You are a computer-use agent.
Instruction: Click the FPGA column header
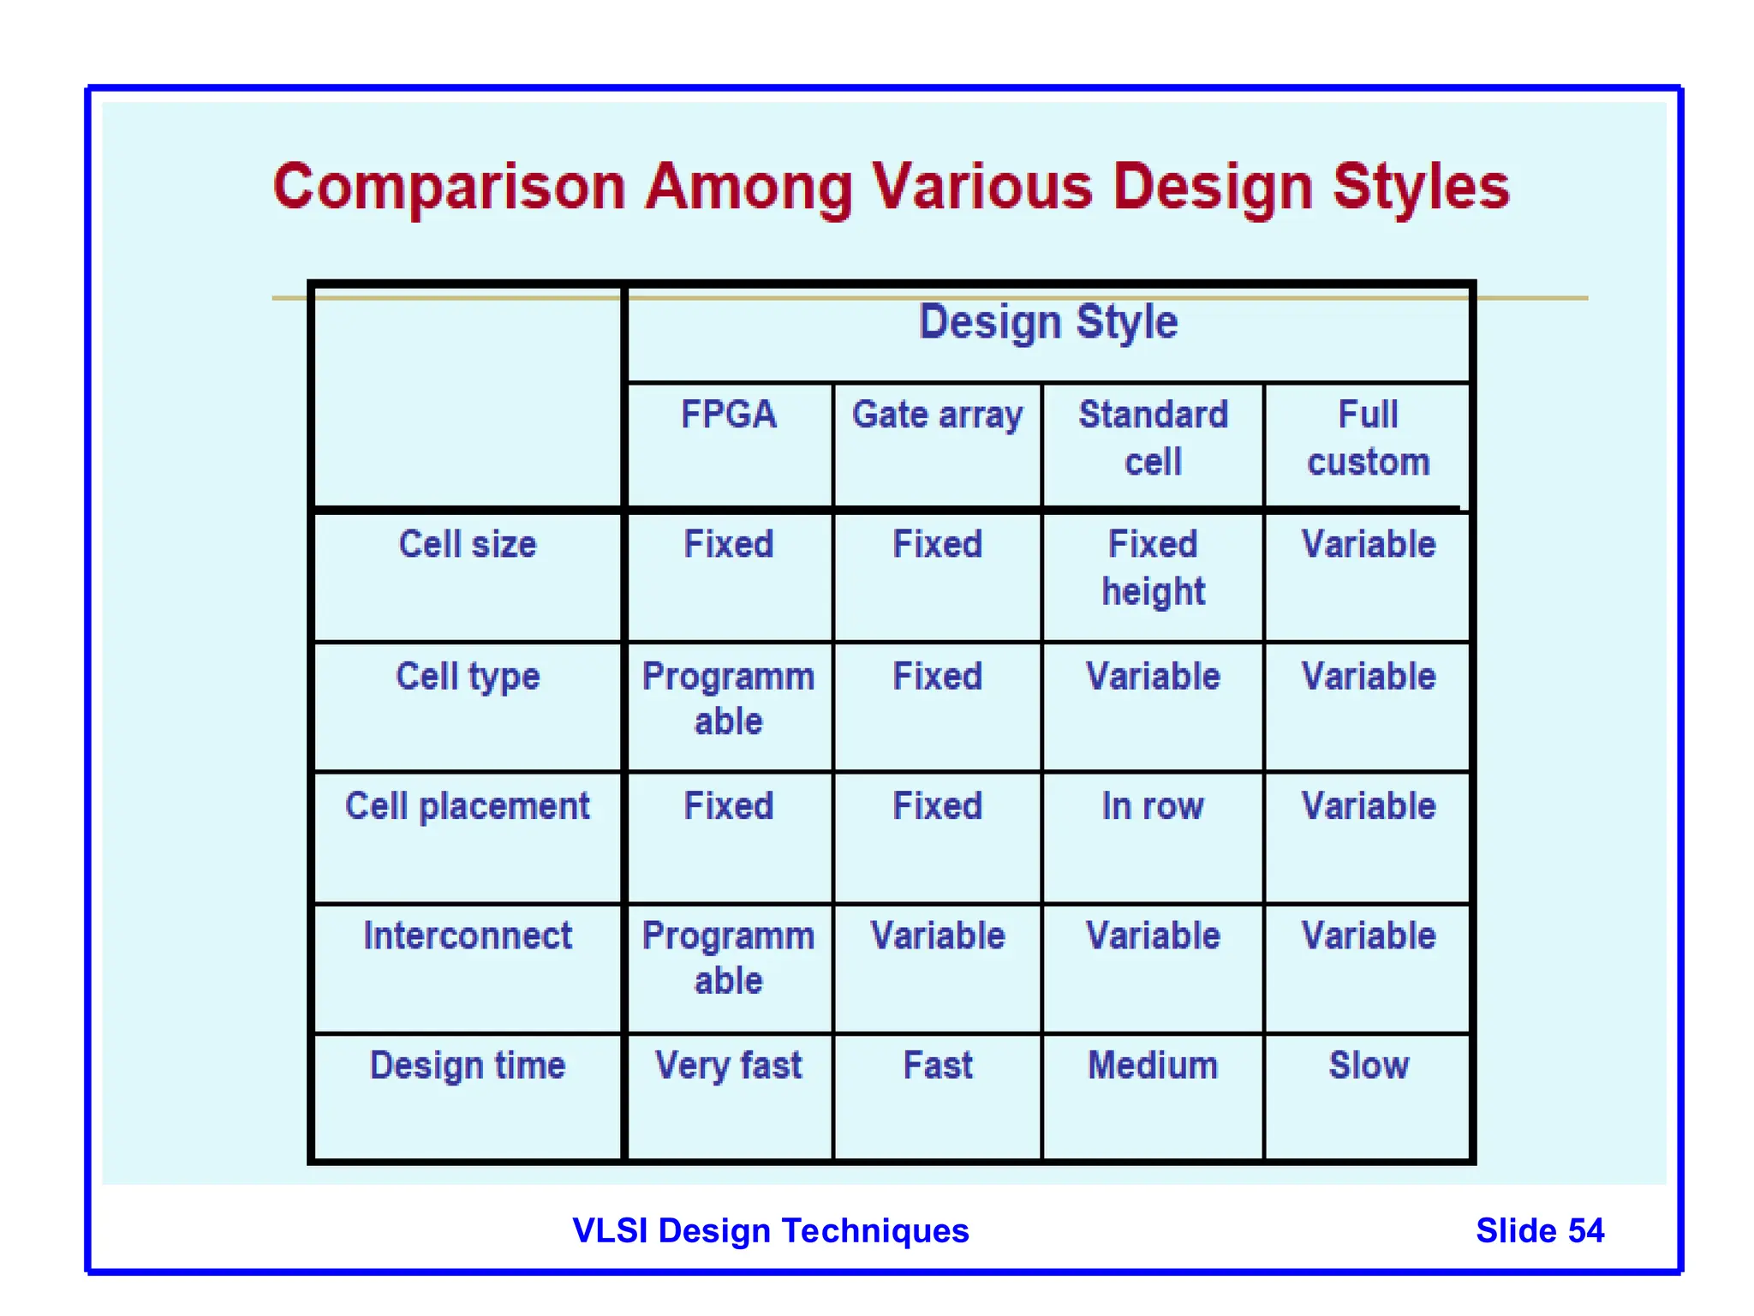point(729,415)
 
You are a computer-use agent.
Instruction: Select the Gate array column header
point(937,415)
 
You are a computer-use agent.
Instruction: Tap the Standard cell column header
point(1153,438)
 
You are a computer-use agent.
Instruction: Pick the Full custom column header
point(1368,438)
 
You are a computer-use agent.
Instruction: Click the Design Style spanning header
point(1048,322)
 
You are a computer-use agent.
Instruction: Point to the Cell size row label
point(468,544)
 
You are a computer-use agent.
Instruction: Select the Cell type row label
point(468,676)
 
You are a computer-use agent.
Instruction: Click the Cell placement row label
point(468,806)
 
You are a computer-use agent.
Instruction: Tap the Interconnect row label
point(468,936)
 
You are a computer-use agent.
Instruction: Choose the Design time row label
point(468,1066)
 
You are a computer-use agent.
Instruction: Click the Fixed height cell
point(1153,567)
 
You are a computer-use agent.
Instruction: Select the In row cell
point(1153,806)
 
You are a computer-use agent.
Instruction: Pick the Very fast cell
point(729,1066)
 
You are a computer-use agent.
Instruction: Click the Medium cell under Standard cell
point(1153,1066)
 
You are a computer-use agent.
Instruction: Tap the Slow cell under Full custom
point(1368,1066)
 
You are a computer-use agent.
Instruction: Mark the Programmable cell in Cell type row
point(729,698)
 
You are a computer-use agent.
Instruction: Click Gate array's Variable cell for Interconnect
point(937,936)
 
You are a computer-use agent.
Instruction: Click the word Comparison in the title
point(450,187)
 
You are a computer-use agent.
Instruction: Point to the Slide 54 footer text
point(1539,1230)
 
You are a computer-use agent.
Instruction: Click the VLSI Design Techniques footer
point(770,1230)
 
